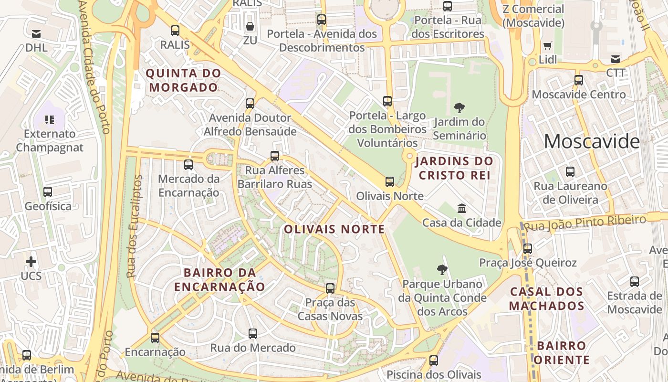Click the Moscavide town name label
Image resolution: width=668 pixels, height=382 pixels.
[591, 141]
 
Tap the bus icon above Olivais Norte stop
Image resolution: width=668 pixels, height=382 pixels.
[390, 181]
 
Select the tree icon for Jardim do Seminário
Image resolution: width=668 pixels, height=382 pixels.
[459, 107]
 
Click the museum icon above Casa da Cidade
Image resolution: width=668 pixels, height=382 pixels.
[462, 208]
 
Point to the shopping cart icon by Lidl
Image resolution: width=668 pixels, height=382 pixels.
[547, 46]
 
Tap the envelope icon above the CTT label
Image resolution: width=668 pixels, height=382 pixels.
[616, 59]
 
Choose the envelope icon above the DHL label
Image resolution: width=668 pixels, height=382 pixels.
[36, 34]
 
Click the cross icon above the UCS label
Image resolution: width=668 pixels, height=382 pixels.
[31, 262]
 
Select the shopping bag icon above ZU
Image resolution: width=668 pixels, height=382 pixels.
[250, 26]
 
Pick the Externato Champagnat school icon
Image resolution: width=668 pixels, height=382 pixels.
[50, 119]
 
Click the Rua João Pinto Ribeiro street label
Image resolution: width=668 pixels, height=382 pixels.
[585, 223]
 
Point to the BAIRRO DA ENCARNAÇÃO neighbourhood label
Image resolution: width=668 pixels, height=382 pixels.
[219, 280]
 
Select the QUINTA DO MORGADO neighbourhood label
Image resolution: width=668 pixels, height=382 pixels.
[184, 80]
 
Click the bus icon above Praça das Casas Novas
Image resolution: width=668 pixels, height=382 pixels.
[330, 288]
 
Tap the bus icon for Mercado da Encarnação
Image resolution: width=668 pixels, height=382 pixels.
[188, 165]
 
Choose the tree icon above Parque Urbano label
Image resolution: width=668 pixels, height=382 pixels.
[442, 269]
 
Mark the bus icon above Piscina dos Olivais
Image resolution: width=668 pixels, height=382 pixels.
[434, 360]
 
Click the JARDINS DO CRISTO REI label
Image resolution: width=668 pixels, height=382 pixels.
[454, 168]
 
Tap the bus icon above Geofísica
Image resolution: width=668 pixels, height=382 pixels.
[48, 192]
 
